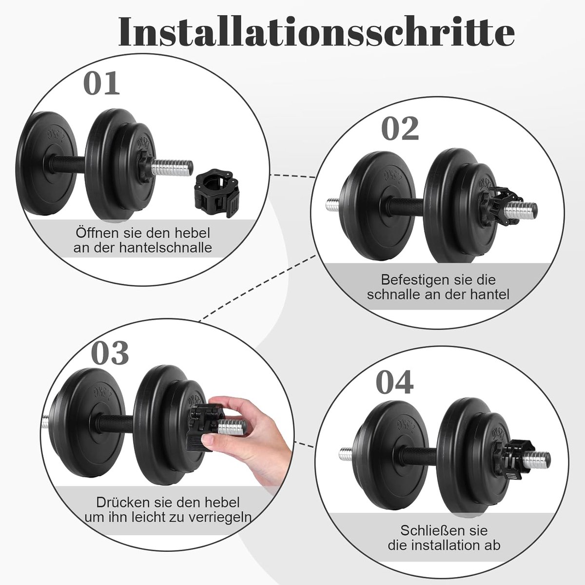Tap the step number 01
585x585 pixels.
click(x=101, y=83)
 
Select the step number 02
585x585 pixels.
click(x=400, y=129)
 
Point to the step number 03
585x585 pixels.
click(x=110, y=352)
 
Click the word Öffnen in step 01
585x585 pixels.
click(x=96, y=233)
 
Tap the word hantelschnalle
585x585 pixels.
click(x=165, y=248)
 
